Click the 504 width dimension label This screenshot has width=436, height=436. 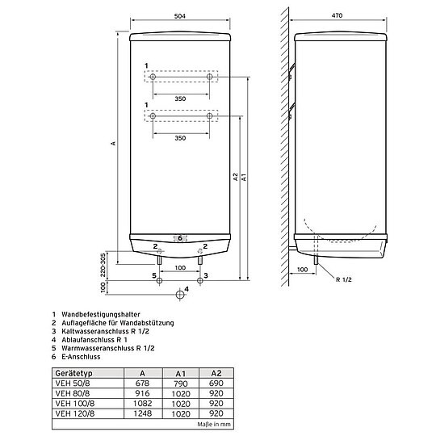[x=179, y=16]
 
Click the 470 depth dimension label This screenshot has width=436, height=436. [x=337, y=15]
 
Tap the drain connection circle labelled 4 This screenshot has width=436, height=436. [x=180, y=295]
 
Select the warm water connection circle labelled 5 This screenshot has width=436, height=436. [x=159, y=280]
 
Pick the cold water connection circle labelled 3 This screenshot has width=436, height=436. [x=200, y=280]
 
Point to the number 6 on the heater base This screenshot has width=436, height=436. [x=180, y=238]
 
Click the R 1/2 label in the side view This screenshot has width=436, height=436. [x=344, y=279]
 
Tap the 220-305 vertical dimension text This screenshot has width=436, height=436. [x=103, y=265]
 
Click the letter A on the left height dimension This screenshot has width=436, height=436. [x=113, y=143]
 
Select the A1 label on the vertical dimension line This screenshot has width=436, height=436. [x=244, y=177]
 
